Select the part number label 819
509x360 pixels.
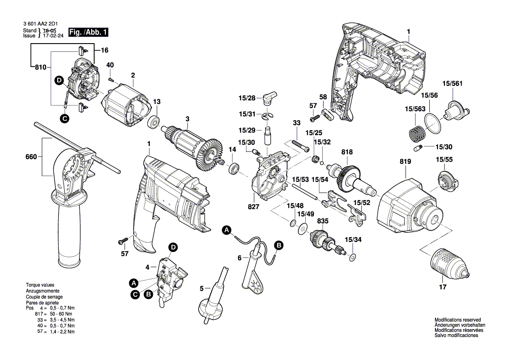tap(405, 162)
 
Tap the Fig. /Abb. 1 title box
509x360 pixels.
tap(88, 32)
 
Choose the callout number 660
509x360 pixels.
tap(31, 157)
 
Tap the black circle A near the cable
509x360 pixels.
tap(226, 230)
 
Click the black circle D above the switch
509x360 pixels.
tap(173, 247)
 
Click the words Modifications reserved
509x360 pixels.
tap(458, 320)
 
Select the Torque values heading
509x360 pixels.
tap(40, 285)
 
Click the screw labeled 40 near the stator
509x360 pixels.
tap(111, 79)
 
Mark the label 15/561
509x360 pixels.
tap(452, 84)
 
